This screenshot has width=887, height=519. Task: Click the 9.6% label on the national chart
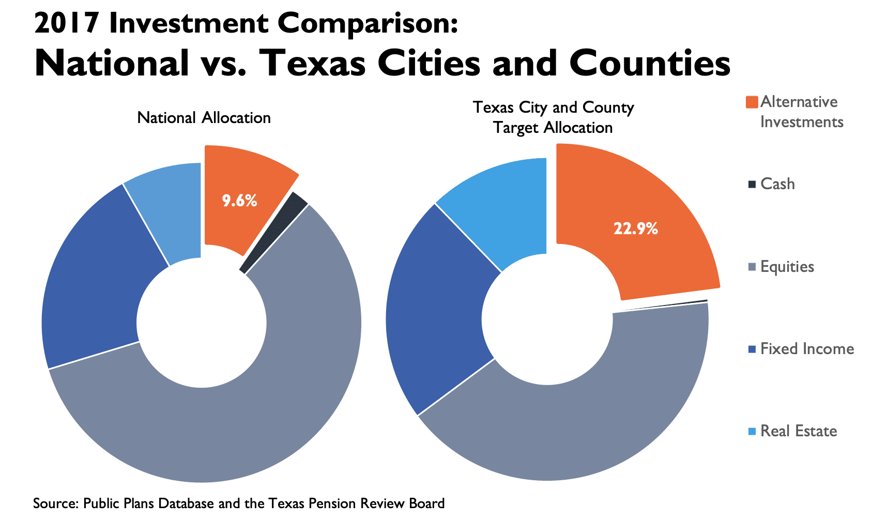239,201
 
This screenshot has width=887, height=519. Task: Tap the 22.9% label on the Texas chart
635,228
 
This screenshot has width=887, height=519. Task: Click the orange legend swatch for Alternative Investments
752,102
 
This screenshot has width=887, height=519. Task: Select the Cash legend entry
777,184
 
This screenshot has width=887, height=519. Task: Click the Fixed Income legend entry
806,349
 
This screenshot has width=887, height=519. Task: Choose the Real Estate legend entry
798,431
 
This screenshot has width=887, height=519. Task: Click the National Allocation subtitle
204,118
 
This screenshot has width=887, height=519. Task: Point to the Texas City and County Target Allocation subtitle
553,117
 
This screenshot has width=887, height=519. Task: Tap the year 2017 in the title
66,24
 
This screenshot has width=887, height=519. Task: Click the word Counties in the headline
650,63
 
